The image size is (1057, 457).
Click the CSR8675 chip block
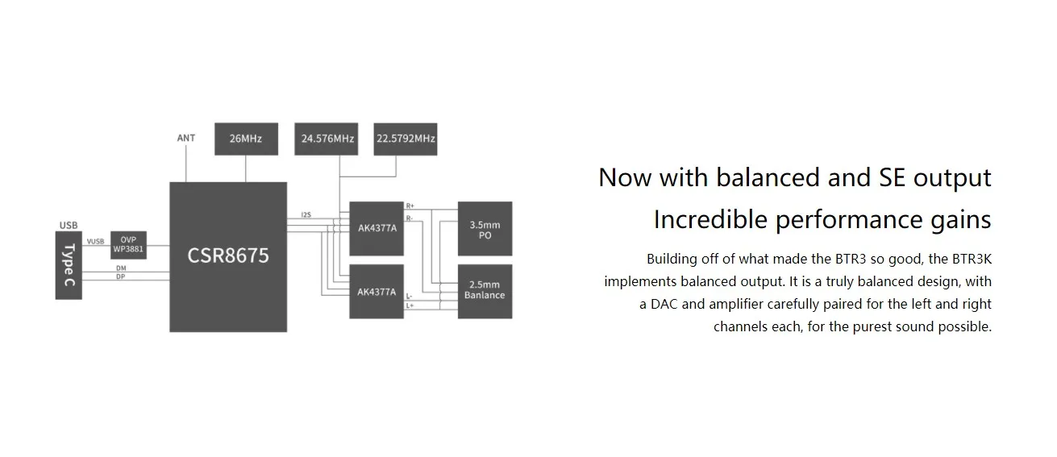[x=228, y=257]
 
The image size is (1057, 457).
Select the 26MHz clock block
[x=246, y=139]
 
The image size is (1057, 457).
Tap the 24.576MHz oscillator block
[x=326, y=139]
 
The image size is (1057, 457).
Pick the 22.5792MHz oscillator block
[x=406, y=139]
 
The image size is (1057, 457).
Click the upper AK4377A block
[x=377, y=228]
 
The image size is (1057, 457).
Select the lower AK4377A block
[x=377, y=292]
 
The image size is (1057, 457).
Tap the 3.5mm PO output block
[x=485, y=228]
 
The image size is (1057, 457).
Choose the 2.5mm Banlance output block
[x=485, y=292]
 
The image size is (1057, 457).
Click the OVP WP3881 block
[x=128, y=245]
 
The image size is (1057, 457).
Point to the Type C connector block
[x=69, y=265]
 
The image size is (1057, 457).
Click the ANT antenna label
[x=186, y=138]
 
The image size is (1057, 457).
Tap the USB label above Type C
[x=69, y=225]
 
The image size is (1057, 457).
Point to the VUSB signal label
[x=95, y=242]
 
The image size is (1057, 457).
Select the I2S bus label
[x=306, y=214]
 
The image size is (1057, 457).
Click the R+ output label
[x=410, y=206]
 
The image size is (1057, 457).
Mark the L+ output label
[x=410, y=305]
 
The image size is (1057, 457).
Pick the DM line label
[x=121, y=268]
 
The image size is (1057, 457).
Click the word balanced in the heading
[x=768, y=178]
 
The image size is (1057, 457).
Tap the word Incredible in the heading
[x=710, y=220]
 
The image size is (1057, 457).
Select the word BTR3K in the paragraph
[x=972, y=259]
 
